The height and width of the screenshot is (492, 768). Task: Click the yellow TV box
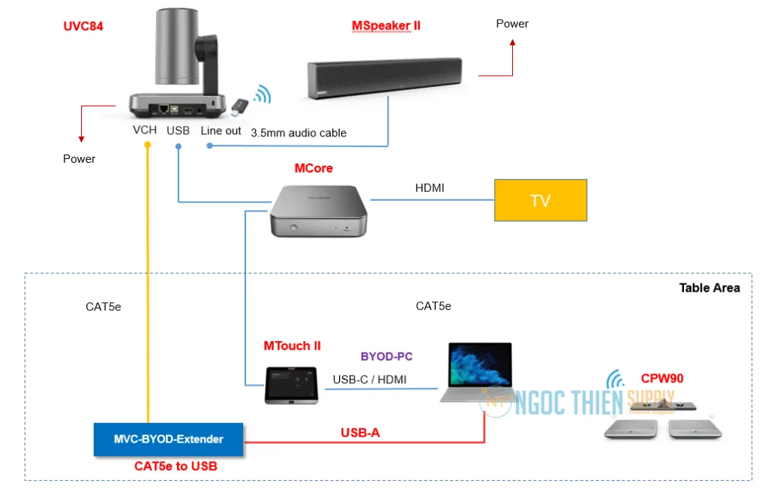click(x=540, y=200)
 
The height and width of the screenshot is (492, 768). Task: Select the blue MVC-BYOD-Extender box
click(x=168, y=439)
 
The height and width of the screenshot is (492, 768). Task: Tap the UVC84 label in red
click(x=83, y=27)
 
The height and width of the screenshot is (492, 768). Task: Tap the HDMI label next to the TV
click(x=430, y=188)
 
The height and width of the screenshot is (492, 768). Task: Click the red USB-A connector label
click(x=360, y=433)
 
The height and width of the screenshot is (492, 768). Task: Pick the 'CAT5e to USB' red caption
click(x=175, y=466)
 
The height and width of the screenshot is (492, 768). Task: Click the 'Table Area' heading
click(x=709, y=288)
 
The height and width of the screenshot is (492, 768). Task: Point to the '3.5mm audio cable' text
click(x=298, y=133)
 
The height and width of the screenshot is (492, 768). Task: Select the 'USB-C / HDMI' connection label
click(x=370, y=379)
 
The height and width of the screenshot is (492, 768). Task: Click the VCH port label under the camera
click(x=145, y=130)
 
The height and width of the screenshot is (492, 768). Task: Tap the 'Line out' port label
click(x=220, y=130)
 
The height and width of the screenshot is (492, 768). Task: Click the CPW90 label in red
click(x=661, y=379)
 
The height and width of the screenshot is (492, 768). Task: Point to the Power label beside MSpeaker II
click(x=512, y=24)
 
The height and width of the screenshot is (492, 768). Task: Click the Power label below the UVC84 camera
click(x=79, y=159)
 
